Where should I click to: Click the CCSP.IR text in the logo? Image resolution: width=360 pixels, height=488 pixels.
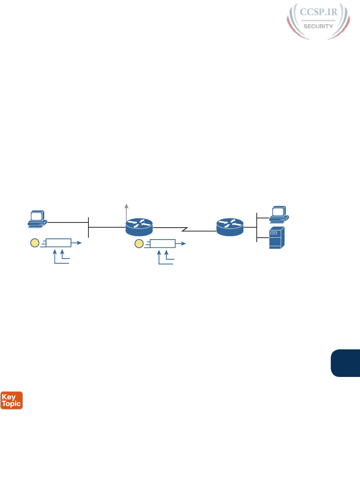pos(318,12)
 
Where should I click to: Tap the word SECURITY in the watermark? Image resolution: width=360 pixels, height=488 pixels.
pos(318,26)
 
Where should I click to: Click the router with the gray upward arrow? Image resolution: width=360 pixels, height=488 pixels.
pos(139,227)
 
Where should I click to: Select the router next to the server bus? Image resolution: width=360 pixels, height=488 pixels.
pos(230,227)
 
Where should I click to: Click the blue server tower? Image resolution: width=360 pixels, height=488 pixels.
pos(277,238)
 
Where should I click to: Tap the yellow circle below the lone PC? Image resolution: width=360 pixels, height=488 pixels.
pos(35,243)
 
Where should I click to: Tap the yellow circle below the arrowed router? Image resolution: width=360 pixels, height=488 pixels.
pos(139,244)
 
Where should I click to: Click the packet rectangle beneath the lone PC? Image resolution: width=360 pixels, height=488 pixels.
pos(58,243)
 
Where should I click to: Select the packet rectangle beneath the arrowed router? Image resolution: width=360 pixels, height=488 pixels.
pos(162,244)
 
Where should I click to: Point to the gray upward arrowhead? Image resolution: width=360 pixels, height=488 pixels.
pos(127,206)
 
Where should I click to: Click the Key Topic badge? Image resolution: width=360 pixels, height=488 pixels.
pos(12,400)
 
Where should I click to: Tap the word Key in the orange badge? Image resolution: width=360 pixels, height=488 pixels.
pos(9,397)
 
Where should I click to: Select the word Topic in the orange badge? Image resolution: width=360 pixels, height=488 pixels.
pos(12,404)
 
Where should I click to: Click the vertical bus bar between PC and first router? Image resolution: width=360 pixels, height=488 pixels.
pos(88,227)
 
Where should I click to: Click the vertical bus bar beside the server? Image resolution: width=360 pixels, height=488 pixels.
pos(257,227)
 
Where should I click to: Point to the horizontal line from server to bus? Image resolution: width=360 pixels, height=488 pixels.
pos(263,237)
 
